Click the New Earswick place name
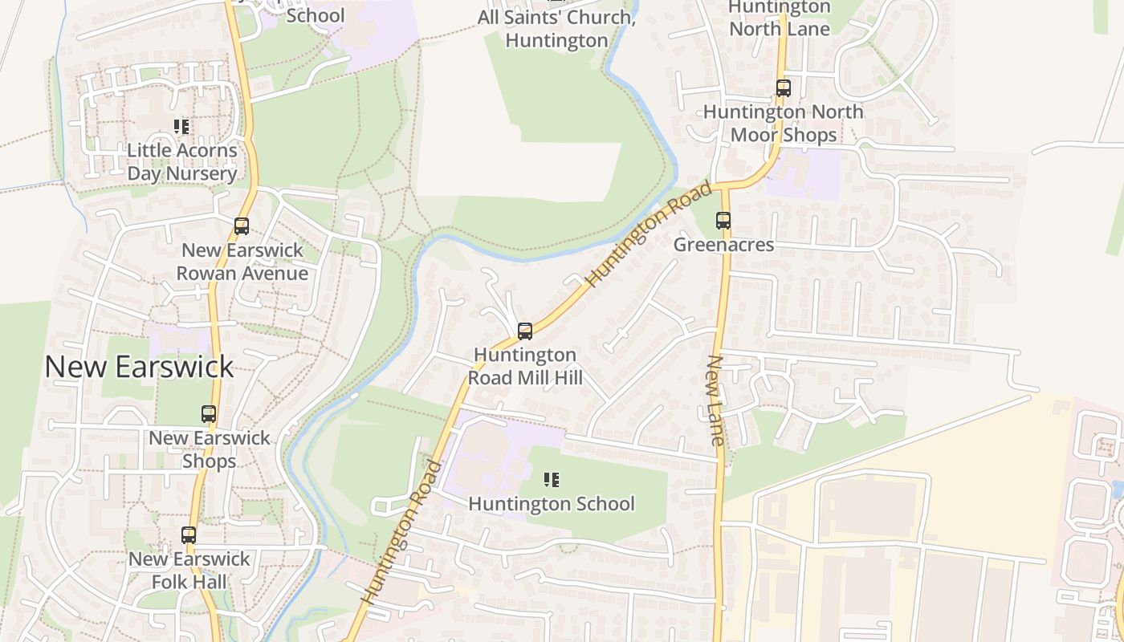tap(139, 367)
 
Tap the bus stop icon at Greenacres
tap(723, 221)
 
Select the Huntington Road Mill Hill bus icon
tap(525, 331)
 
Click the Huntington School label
tap(552, 504)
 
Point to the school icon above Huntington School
tap(552, 481)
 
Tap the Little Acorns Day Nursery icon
tap(181, 127)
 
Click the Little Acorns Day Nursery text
tap(182, 162)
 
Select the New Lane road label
tap(715, 400)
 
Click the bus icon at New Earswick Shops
tap(209, 414)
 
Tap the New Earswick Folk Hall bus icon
tap(189, 535)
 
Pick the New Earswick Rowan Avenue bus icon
tap(242, 226)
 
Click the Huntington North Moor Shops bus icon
tap(784, 88)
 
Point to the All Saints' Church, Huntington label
tap(556, 28)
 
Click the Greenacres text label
tap(723, 245)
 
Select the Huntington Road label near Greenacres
tap(650, 234)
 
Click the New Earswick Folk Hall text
tap(189, 570)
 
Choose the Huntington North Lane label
tap(778, 18)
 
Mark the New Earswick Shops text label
tap(210, 449)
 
